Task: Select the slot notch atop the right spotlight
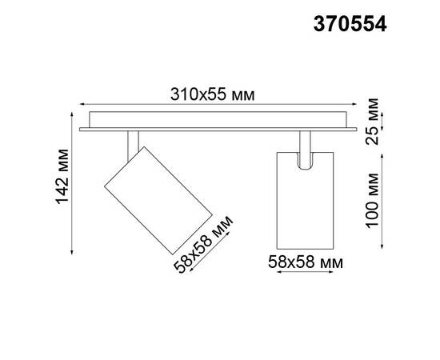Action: (x=304, y=159)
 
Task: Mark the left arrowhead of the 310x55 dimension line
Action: (x=82, y=103)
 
